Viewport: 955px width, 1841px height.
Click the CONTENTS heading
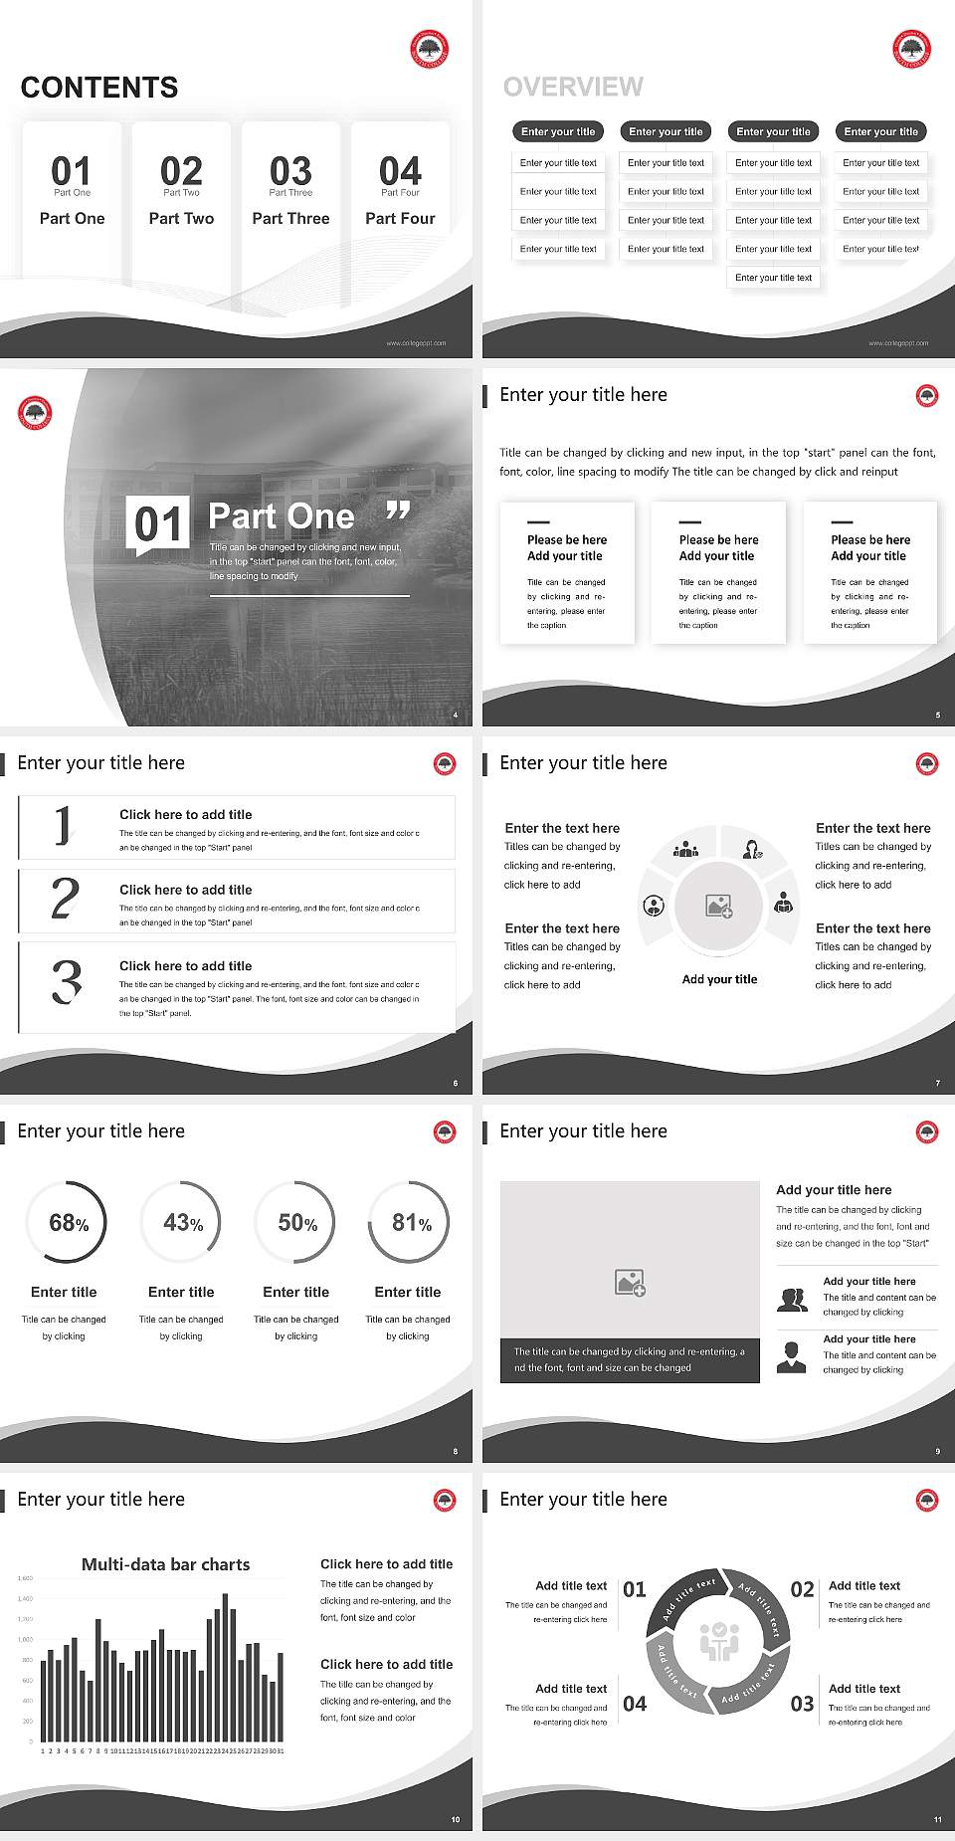tap(99, 88)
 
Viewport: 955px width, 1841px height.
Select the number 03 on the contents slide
tap(290, 170)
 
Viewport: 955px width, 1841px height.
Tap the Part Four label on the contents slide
tap(400, 218)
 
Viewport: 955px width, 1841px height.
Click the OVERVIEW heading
tap(573, 88)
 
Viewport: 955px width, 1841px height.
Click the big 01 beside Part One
tap(159, 523)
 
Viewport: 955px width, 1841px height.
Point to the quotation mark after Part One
tap(398, 511)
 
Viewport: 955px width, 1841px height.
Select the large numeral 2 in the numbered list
tap(65, 899)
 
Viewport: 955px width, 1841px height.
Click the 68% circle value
tap(68, 1223)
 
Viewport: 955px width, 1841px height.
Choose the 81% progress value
tap(411, 1223)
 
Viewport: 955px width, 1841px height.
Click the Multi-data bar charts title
tap(166, 1564)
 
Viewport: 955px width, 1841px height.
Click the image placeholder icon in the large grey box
tap(630, 1283)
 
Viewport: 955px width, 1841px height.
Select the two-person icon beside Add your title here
tap(792, 1300)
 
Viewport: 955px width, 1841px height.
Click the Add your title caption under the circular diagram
tap(719, 979)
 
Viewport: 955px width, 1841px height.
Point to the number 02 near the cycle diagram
tap(802, 1589)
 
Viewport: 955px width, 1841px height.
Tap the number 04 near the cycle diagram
tap(635, 1704)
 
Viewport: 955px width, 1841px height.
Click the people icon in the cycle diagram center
tap(718, 1642)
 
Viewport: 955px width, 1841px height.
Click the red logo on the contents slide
tap(430, 49)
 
